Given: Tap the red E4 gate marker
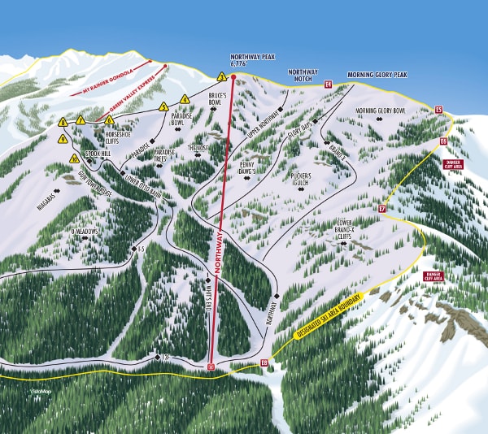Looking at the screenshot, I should coord(329,84).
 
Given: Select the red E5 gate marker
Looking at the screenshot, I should coord(438,110).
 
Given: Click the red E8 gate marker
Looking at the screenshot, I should coord(264,363).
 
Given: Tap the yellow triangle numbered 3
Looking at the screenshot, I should coord(221,77).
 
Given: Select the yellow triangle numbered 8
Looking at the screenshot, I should coord(63,122).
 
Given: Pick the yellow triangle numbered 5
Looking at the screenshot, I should coord(163,106).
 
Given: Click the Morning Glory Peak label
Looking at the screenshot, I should coord(377,75).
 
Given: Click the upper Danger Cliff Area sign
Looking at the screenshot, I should coord(454,165).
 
